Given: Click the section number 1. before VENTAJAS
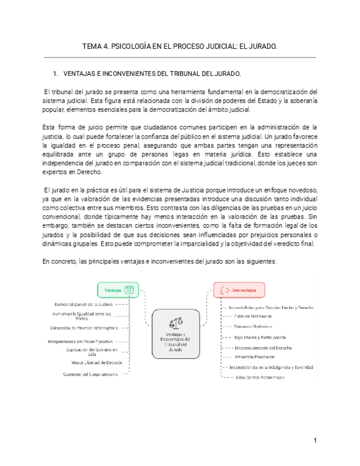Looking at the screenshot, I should pyautogui.click(x=55, y=73).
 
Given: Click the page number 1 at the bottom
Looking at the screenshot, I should pyautogui.click(x=315, y=440).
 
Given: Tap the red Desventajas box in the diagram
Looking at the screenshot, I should pyautogui.click(x=238, y=290).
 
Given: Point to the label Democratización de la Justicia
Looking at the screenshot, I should pyautogui.click(x=84, y=304).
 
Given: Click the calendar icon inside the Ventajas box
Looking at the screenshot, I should pyautogui.click(x=129, y=290).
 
